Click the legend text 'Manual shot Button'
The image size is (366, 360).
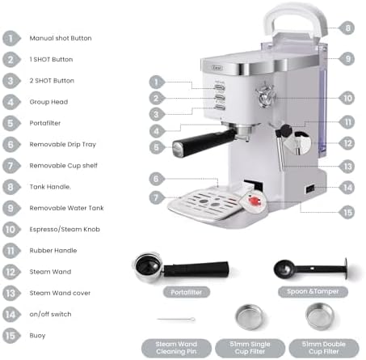click(61, 38)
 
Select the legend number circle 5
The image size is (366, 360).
click(11, 123)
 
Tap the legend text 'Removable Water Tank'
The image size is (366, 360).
click(66, 208)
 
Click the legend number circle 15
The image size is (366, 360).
click(11, 335)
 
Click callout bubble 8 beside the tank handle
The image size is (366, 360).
click(347, 28)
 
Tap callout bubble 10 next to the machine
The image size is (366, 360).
click(347, 98)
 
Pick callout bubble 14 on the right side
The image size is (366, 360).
click(347, 187)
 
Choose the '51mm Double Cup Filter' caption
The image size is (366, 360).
click(322, 348)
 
